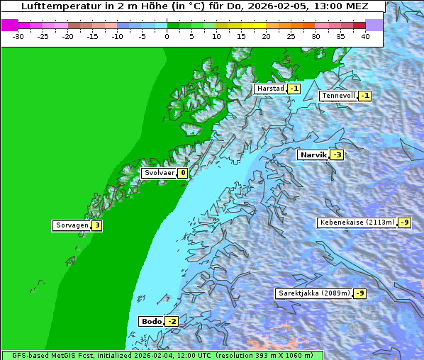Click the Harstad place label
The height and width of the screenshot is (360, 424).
coord(270,89)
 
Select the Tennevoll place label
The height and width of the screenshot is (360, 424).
coord(337,96)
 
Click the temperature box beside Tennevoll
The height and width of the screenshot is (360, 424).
coord(364,96)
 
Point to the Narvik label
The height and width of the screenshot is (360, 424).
coord(313,154)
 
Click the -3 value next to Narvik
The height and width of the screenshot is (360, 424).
coord(337,155)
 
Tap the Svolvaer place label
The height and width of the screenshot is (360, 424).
coord(159,173)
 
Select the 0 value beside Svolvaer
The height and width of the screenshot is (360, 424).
coord(182,173)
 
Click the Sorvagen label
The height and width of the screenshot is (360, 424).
coord(72,225)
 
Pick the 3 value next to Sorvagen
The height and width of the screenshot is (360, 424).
coord(97,225)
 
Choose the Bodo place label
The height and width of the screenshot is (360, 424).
coord(151,321)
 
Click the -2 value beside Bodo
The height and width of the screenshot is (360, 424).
coord(172,321)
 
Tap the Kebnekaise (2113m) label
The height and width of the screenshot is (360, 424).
coord(357,223)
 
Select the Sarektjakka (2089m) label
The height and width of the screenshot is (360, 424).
coord(313,293)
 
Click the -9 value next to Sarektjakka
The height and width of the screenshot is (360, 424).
coord(360,293)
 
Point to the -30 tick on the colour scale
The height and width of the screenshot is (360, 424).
coord(18,35)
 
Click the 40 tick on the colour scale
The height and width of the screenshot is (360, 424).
coord(365,35)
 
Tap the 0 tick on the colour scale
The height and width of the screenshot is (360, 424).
coord(167,35)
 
